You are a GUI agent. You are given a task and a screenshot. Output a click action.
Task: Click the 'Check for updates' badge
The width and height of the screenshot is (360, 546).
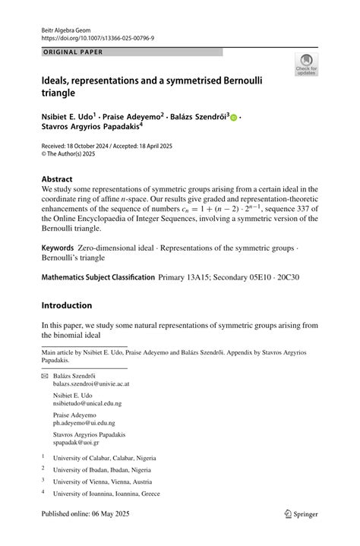(x=306, y=64)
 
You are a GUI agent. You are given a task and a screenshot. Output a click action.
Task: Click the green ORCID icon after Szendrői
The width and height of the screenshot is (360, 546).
(x=234, y=117)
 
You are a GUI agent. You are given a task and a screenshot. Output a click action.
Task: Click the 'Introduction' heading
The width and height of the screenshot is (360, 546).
(x=67, y=305)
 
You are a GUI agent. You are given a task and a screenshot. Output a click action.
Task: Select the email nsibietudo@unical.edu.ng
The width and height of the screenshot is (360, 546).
(x=86, y=404)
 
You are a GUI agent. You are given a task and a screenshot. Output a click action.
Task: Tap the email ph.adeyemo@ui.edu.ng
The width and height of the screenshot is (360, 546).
(x=84, y=423)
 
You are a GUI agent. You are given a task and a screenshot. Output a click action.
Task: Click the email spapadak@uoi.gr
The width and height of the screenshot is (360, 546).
(x=77, y=443)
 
